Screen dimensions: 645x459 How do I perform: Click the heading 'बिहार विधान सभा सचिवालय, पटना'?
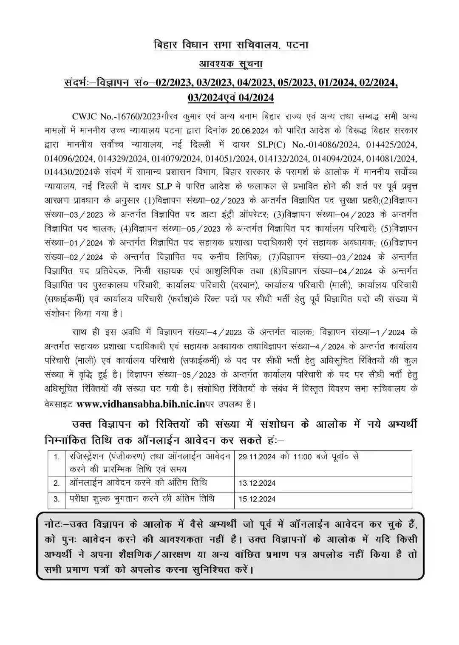pyautogui.click(x=230, y=45)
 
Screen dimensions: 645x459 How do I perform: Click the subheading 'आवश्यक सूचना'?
pyautogui.click(x=231, y=64)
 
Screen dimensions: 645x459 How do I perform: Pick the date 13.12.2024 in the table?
pyautogui.click(x=257, y=483)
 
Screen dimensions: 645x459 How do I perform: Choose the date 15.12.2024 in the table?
pyautogui.click(x=257, y=499)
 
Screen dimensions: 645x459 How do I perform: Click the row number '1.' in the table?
pyautogui.click(x=57, y=457)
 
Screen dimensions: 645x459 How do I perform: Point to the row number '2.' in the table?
pyautogui.click(x=57, y=484)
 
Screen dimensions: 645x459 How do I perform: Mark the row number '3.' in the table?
pyautogui.click(x=57, y=500)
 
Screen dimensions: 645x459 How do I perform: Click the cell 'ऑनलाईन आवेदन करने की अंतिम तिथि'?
pyautogui.click(x=138, y=483)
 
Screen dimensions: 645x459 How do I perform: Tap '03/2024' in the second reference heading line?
pyautogui.click(x=205, y=98)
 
